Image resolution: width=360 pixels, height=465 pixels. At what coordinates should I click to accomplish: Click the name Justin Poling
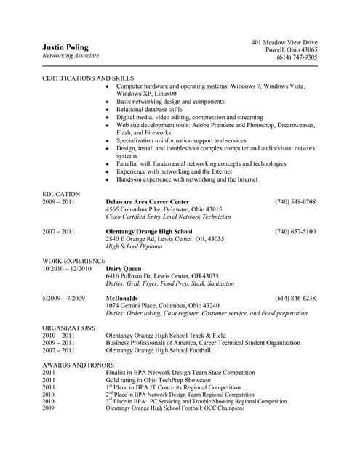(64, 47)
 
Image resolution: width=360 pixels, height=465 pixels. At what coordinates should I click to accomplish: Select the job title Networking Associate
(71, 56)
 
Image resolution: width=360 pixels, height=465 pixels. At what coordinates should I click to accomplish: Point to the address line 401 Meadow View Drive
(284, 42)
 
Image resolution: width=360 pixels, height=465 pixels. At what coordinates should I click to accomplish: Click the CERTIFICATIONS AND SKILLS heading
(88, 78)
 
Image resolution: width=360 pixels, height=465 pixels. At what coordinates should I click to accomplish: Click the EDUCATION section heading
(61, 194)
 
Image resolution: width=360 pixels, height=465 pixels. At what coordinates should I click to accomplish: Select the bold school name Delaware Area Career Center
(148, 201)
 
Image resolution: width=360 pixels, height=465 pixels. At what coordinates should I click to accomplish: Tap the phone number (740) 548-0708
(295, 201)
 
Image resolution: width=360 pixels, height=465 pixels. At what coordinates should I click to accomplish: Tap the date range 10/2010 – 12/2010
(67, 268)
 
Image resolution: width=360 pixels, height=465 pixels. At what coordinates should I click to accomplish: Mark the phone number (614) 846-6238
(295, 298)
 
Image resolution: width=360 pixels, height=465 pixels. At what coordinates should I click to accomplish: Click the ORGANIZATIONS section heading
(69, 328)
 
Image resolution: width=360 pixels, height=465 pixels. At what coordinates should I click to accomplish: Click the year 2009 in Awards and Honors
(49, 408)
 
